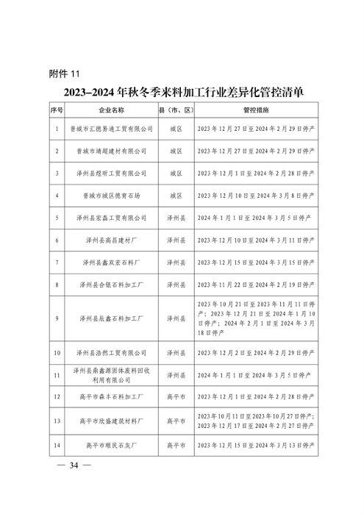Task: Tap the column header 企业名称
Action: (113, 110)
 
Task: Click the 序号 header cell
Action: (57, 110)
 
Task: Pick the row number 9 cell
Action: (57, 318)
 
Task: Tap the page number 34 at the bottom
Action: (74, 466)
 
